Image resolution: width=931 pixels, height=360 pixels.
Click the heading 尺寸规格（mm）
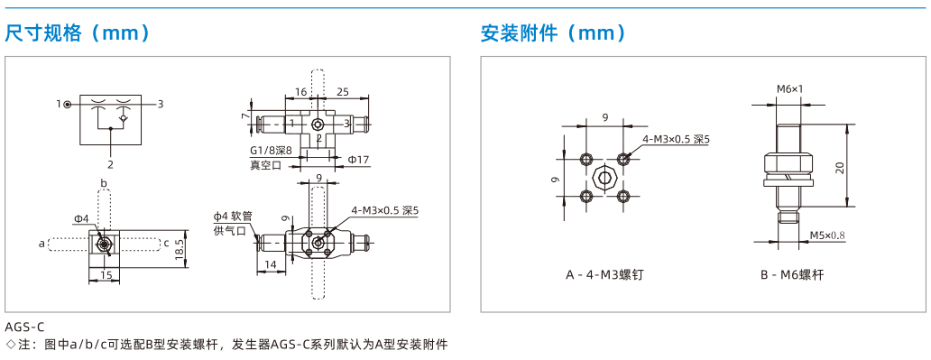pyautogui.click(x=78, y=33)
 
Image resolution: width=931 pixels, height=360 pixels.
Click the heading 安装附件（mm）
pyautogui.click(x=553, y=33)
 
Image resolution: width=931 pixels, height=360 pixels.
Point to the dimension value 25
pyautogui.click(x=343, y=91)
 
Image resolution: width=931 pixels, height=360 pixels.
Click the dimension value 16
pyautogui.click(x=300, y=91)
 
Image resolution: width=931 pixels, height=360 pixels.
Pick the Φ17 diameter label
pyautogui.click(x=359, y=159)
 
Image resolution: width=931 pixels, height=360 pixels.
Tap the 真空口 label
pyautogui.click(x=265, y=166)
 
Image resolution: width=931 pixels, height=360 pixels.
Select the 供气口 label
pyautogui.click(x=229, y=230)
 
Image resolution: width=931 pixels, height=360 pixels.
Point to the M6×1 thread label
pyautogui.click(x=789, y=89)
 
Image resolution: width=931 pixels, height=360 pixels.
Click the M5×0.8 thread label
pyautogui.click(x=827, y=235)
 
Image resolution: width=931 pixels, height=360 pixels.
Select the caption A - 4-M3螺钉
pyautogui.click(x=604, y=275)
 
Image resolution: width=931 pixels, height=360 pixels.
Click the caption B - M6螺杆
pyautogui.click(x=792, y=275)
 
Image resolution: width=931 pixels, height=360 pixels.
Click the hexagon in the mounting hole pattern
pyautogui.click(x=604, y=177)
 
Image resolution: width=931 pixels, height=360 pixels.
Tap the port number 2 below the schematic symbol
pyautogui.click(x=110, y=164)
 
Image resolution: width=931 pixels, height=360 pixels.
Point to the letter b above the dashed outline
pyautogui.click(x=104, y=183)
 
